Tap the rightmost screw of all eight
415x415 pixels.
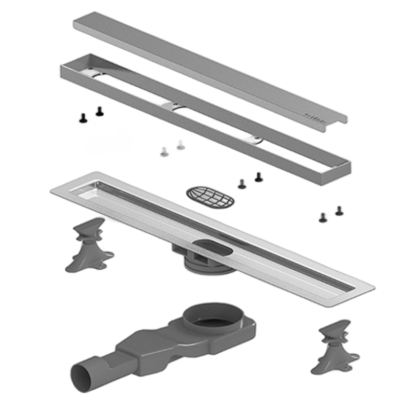339,210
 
